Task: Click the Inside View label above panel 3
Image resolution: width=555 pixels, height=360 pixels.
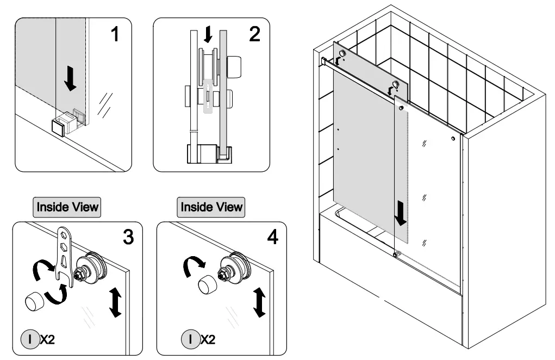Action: coord(68,207)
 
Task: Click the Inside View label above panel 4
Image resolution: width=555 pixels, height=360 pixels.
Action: coord(212,207)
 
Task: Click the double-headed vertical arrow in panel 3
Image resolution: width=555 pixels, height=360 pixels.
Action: coord(115,303)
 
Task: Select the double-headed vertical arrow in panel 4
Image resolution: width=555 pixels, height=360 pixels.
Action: coord(260,303)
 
